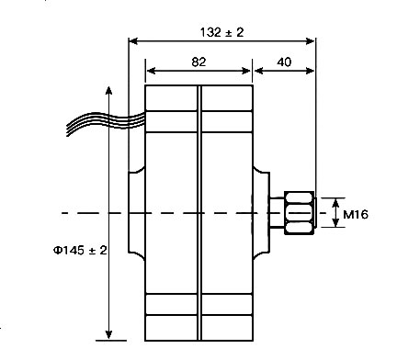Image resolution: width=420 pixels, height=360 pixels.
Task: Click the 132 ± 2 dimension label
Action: tap(221, 32)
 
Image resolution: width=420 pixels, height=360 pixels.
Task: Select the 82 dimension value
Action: tap(199, 62)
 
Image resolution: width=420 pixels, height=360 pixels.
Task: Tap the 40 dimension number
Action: tap(284, 62)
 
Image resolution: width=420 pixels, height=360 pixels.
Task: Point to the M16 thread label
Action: tap(356, 214)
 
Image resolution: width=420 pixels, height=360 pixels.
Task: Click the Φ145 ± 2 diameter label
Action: tap(80, 250)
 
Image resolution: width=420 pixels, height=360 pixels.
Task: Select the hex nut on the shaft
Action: tap(300, 213)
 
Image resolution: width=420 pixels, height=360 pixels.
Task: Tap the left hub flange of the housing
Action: tap(135, 213)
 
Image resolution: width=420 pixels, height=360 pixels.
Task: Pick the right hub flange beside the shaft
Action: tap(261, 213)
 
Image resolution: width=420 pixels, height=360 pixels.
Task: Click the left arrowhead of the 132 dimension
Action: tap(133, 41)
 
